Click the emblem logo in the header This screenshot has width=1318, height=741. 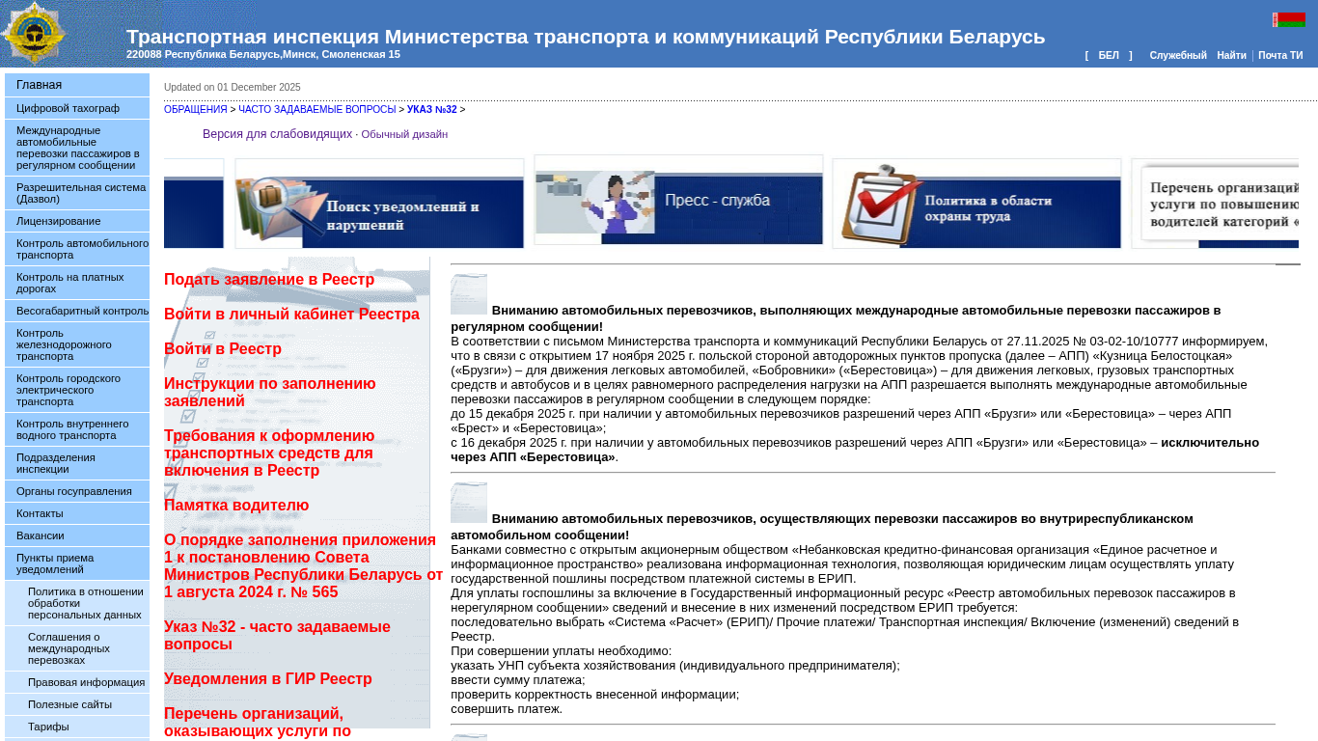(34, 33)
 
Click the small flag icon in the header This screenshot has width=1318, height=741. (1289, 19)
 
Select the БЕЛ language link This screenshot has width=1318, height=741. (1109, 56)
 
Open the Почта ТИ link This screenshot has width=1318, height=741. (1280, 56)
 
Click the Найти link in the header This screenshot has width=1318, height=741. (1231, 56)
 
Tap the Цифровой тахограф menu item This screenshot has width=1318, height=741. (68, 108)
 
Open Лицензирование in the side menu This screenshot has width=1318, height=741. (58, 221)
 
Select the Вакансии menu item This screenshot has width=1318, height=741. (40, 535)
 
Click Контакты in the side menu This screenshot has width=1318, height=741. (40, 513)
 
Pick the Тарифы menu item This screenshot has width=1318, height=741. (48, 727)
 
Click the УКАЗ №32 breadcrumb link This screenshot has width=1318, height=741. (431, 110)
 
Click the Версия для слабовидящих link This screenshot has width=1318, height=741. (277, 134)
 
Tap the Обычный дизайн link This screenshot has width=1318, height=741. (404, 135)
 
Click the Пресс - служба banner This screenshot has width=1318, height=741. (678, 200)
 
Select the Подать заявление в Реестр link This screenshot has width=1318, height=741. (269, 280)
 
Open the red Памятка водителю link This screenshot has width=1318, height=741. (236, 506)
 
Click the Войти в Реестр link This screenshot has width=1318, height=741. (223, 349)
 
